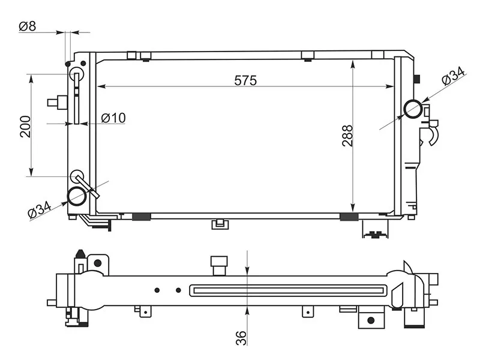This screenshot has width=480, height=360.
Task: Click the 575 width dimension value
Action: (245, 80)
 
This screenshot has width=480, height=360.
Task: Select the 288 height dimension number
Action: (347, 136)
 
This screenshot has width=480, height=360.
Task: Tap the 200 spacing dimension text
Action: (25, 127)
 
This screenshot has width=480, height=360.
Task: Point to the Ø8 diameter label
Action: (27, 26)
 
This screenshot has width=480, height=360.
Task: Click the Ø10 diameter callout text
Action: (113, 118)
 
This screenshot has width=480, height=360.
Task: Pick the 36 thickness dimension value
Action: (241, 338)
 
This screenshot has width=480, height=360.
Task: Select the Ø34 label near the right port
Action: (454, 76)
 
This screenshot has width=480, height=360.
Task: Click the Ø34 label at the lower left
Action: (40, 209)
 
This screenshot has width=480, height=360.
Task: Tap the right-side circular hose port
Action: (413, 109)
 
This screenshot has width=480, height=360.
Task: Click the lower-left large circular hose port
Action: (77, 196)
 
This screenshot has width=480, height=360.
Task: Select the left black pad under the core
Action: (142, 217)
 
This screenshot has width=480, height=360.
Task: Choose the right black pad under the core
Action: (349, 217)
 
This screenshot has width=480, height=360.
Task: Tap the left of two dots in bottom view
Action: (157, 290)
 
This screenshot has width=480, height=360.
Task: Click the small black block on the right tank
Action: (416, 79)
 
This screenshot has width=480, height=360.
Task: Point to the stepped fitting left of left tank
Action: (58, 102)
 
